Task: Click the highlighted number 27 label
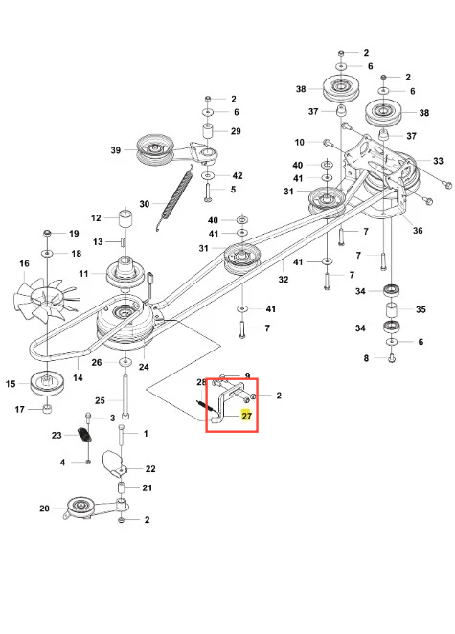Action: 246,416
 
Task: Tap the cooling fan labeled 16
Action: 45,299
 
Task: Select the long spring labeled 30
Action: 174,200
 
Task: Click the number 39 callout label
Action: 116,150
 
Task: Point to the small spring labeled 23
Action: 84,434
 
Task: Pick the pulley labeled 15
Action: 47,383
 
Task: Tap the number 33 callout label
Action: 438,161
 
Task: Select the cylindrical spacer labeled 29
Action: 208,132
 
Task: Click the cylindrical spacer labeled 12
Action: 125,218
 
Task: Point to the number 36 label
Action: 418,231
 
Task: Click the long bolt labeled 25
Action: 125,397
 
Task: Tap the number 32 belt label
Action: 284,279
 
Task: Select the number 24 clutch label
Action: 144,367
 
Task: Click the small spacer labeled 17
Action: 47,409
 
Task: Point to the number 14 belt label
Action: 78,377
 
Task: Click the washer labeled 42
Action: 208,176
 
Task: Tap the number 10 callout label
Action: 299,142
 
